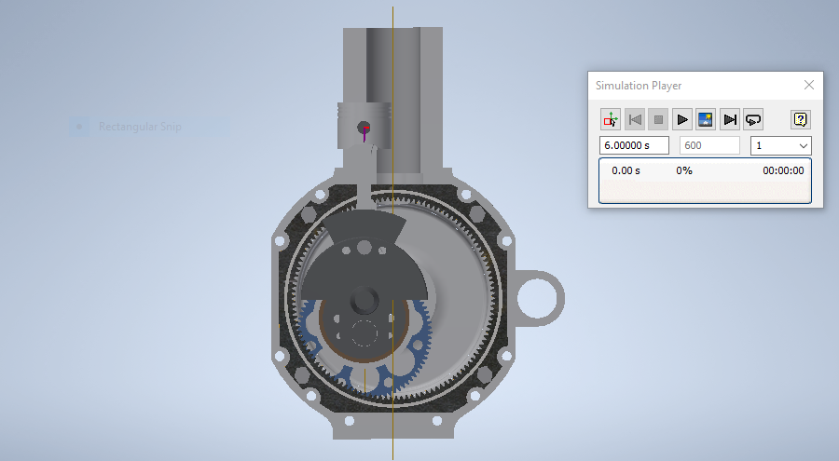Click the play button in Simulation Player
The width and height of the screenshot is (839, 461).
click(682, 119)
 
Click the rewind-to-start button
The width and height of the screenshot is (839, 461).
click(635, 119)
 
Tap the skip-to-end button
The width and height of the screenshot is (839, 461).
click(730, 119)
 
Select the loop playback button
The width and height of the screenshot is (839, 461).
click(753, 119)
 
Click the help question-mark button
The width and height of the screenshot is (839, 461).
click(800, 119)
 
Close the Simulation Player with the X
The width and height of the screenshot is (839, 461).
click(809, 85)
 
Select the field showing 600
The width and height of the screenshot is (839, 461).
click(709, 145)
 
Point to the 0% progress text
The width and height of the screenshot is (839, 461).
click(684, 170)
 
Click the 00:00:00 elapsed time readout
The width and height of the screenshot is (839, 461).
click(783, 170)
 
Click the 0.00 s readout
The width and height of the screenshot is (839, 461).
click(626, 170)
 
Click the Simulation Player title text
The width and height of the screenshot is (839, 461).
click(639, 86)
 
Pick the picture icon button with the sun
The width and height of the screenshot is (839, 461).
click(706, 119)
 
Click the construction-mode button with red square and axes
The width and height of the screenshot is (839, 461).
click(611, 119)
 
